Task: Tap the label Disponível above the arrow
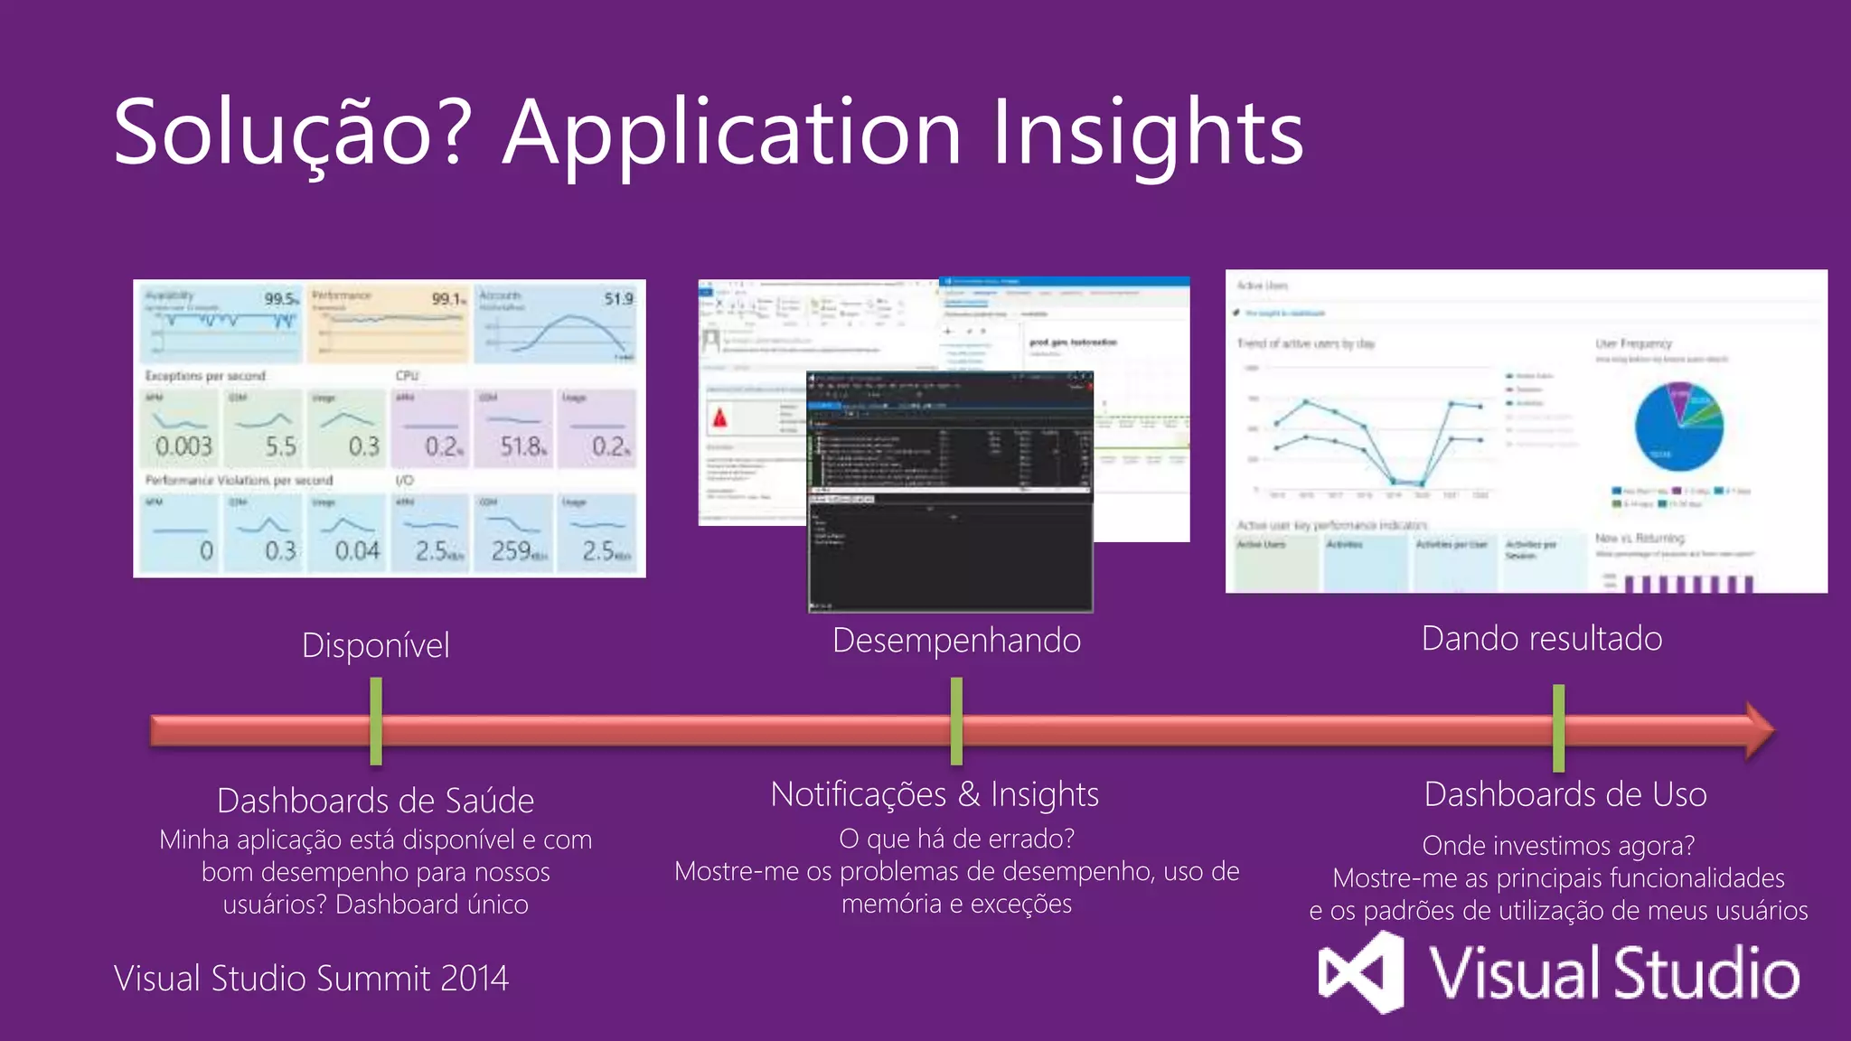375,645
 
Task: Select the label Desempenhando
956,640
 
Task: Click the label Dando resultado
1541,638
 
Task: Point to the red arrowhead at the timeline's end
1758,730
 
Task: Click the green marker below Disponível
376,721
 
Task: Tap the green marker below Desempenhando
956,721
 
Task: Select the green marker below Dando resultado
1558,727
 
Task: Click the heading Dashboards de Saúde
375,801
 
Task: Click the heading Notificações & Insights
935,794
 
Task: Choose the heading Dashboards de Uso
1564,794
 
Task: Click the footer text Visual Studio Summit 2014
311,978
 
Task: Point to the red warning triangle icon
720,417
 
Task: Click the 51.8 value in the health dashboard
522,445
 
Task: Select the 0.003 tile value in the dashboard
183,445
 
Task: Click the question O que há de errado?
956,839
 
